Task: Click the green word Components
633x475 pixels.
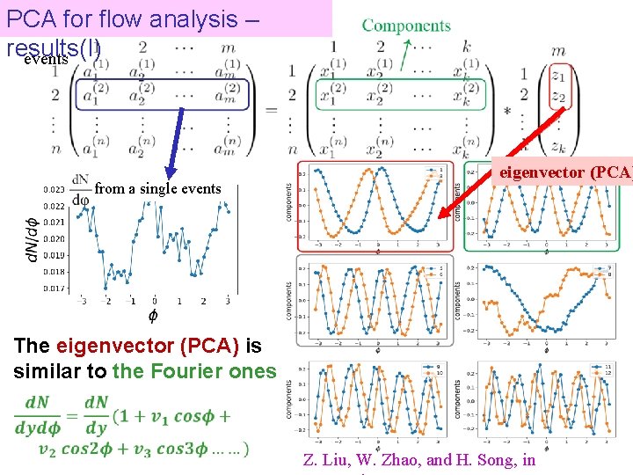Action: (406, 26)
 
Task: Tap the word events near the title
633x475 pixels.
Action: (46, 60)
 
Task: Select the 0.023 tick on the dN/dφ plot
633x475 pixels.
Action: (53, 189)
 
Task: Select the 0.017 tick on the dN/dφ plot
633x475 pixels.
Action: (53, 288)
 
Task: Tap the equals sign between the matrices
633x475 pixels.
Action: (270, 109)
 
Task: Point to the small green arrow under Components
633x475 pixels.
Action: (406, 55)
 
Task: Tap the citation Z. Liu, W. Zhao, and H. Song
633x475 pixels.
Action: (418, 459)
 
